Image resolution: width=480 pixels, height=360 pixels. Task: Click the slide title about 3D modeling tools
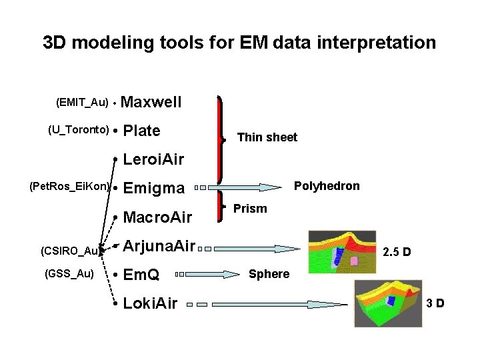tap(239, 43)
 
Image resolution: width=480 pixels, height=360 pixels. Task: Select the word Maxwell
tap(152, 102)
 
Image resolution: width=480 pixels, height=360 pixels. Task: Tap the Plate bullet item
tap(142, 131)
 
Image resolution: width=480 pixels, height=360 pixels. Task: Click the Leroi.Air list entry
tap(153, 159)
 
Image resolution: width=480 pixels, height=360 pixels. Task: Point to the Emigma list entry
tap(154, 189)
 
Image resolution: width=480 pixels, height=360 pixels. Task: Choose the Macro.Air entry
tap(158, 217)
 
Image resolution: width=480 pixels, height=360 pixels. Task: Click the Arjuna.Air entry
tap(159, 247)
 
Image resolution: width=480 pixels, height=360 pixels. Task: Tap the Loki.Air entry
tap(151, 303)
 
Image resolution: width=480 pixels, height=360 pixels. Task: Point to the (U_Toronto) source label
tap(77, 129)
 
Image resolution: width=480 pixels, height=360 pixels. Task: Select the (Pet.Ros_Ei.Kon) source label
tap(70, 186)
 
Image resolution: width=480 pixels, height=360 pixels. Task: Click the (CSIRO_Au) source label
tap(69, 251)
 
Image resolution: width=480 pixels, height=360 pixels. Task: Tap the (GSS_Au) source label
tap(69, 273)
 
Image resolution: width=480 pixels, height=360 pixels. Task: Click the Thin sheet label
tap(267, 137)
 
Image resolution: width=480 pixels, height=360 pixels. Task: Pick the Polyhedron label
tap(327, 186)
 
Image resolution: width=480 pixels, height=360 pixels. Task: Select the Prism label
tap(250, 209)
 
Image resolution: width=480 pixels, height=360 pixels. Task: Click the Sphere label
tap(269, 274)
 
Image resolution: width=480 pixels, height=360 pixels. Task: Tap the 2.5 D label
tap(396, 253)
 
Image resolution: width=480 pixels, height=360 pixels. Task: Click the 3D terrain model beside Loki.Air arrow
tap(389, 304)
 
